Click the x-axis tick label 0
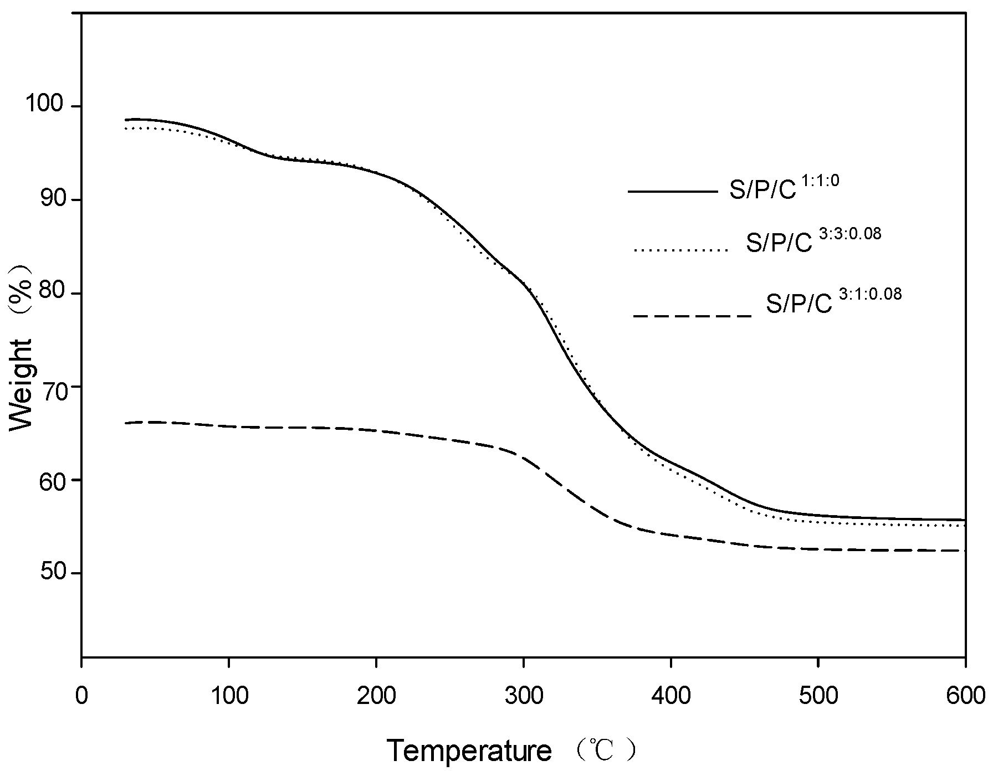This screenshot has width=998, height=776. click(82, 696)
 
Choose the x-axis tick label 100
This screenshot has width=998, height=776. click(229, 696)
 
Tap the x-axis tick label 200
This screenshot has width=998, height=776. click(376, 696)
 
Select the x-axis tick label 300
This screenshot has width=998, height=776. click(524, 696)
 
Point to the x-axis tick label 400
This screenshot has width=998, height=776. click(671, 696)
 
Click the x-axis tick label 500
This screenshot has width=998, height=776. click(818, 696)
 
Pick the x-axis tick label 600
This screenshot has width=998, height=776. click(965, 696)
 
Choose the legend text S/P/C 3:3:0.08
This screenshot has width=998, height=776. click(813, 242)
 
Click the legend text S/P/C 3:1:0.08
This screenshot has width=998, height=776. click(833, 302)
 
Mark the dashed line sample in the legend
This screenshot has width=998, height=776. click(692, 316)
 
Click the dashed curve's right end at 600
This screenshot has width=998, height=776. click(964, 550)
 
